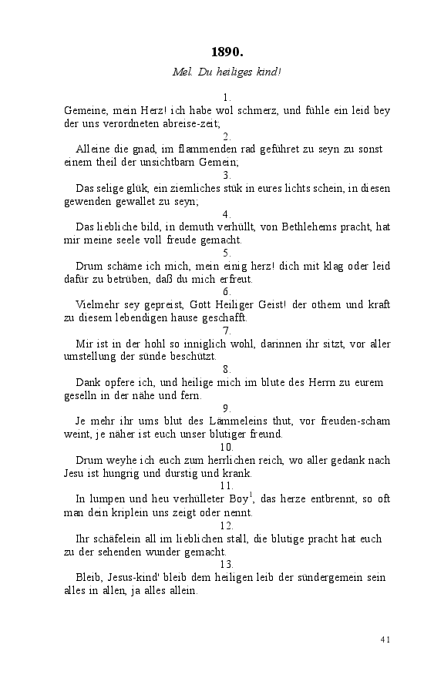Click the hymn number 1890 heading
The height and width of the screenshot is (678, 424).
[x=227, y=52]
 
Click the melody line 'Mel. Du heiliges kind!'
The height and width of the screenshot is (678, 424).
[x=227, y=72]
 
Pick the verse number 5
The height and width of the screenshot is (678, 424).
[x=227, y=253]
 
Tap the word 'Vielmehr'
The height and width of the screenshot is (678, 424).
[x=97, y=304]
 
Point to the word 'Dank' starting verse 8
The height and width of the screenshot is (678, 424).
[x=88, y=383]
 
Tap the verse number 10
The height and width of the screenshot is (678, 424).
[x=227, y=447]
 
